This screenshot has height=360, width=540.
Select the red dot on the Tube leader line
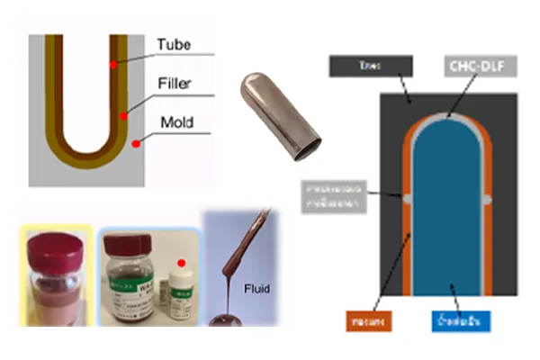[112, 65]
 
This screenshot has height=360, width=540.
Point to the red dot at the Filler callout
[124, 114]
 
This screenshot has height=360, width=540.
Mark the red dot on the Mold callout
[136, 143]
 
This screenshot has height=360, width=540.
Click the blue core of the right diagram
[449, 207]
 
